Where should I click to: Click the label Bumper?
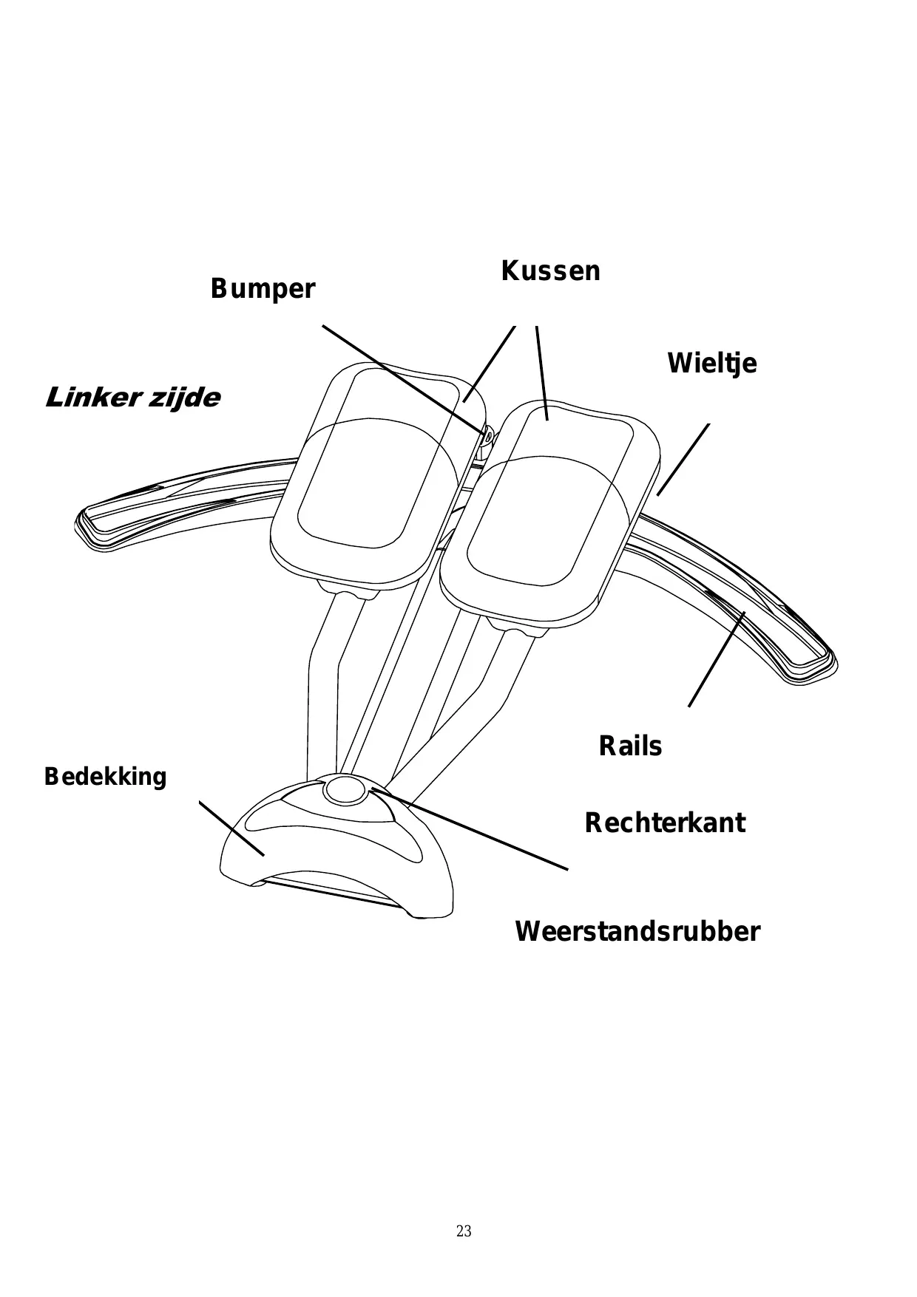point(263,289)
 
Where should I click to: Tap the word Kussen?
point(550,271)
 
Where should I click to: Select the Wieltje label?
point(711,364)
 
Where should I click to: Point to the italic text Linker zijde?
point(133,398)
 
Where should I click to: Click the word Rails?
point(630,746)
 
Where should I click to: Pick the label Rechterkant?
point(664,823)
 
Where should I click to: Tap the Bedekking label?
point(106,777)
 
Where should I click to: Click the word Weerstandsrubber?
point(637,931)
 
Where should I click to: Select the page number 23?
point(464,1231)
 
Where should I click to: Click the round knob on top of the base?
point(345,790)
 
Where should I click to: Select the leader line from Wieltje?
point(683,459)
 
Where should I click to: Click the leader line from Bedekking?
point(231,828)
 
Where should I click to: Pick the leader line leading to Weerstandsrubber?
point(473,831)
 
